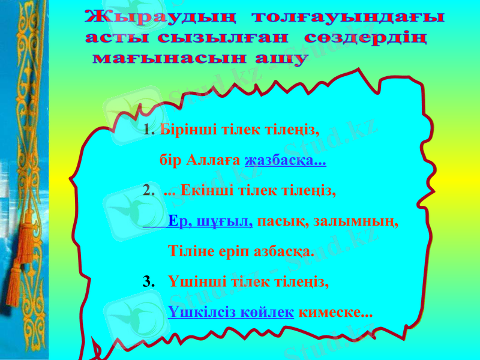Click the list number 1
pyautogui.click(x=149, y=130)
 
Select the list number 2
pyautogui.click(x=148, y=191)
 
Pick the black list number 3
pyautogui.click(x=146, y=281)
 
